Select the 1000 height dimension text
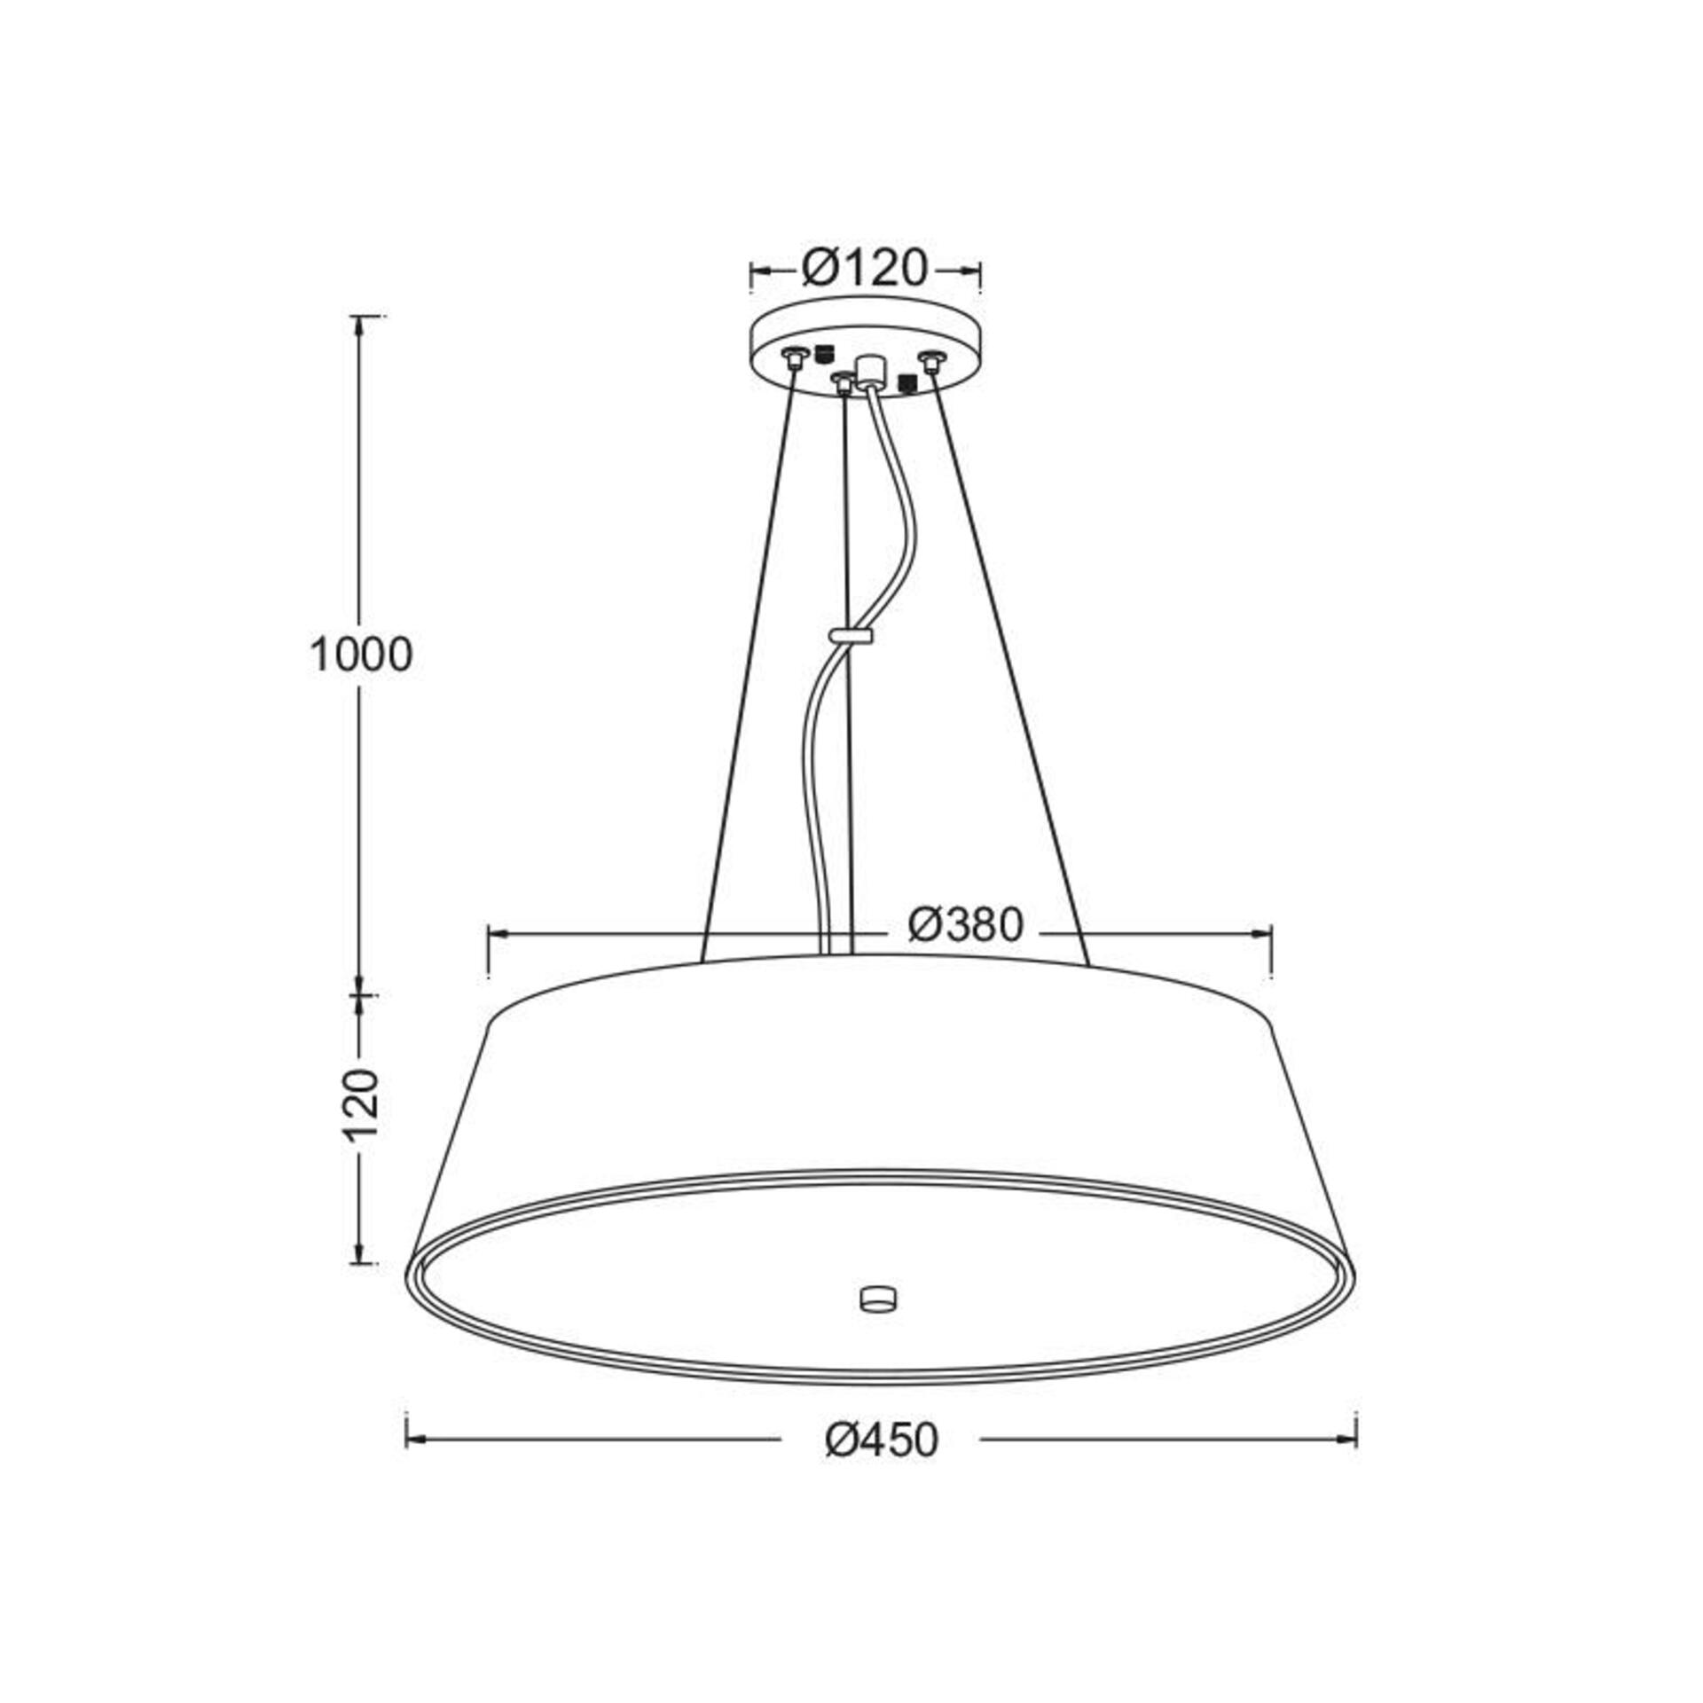point(361,655)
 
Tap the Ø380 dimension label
point(966,926)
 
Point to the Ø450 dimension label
point(881,1440)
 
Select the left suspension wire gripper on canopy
point(793,357)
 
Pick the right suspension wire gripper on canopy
point(930,361)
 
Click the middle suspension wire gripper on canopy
point(843,382)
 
